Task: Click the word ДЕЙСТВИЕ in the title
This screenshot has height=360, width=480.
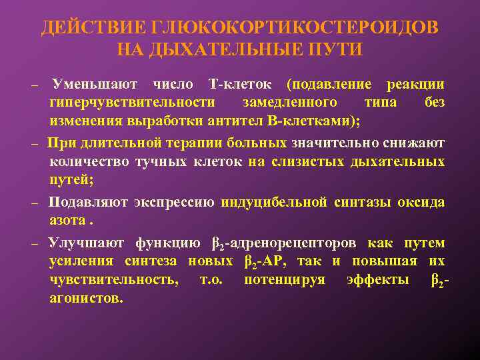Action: click(93, 28)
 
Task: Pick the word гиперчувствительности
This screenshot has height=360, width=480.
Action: click(133, 103)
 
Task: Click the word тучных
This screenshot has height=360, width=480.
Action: click(161, 161)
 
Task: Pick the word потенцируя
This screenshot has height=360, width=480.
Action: click(285, 280)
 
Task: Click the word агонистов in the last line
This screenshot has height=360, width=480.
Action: click(86, 299)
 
